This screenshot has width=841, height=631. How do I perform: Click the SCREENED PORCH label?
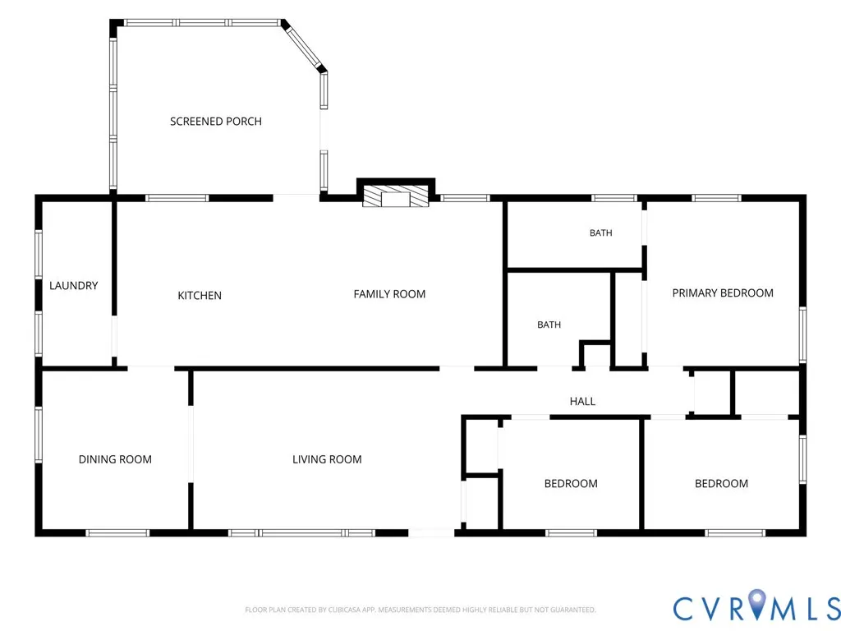pos(216,122)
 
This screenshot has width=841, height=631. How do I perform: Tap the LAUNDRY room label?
pos(73,285)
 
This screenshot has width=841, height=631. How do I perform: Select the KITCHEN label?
pos(200,295)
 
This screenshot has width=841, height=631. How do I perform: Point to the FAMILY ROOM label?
pos(389,294)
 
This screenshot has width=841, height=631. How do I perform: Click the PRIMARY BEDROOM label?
pos(723,293)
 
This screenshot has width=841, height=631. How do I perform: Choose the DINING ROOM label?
pos(115,459)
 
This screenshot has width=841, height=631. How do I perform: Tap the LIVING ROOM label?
pos(327,459)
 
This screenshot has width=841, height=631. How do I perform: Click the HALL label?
pos(582,401)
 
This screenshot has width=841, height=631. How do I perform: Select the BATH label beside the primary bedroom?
pos(600,233)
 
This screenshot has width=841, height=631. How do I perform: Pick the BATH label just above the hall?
pos(549,325)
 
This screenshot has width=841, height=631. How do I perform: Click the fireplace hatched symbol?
pos(396,196)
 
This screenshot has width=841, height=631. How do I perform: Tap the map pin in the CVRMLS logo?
pos(757,604)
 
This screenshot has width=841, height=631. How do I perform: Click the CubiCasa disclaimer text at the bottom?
pos(420,610)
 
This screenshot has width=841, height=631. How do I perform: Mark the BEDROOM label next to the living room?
pos(571,483)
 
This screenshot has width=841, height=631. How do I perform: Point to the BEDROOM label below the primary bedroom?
pos(721,483)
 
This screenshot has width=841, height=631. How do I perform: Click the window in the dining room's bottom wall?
pos(117,532)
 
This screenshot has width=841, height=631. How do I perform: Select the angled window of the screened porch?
pos(304,46)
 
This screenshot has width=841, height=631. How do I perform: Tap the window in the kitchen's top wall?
pos(177,198)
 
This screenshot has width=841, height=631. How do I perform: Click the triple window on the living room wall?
pos(301,532)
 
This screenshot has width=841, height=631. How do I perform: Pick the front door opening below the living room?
pos(431,532)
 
